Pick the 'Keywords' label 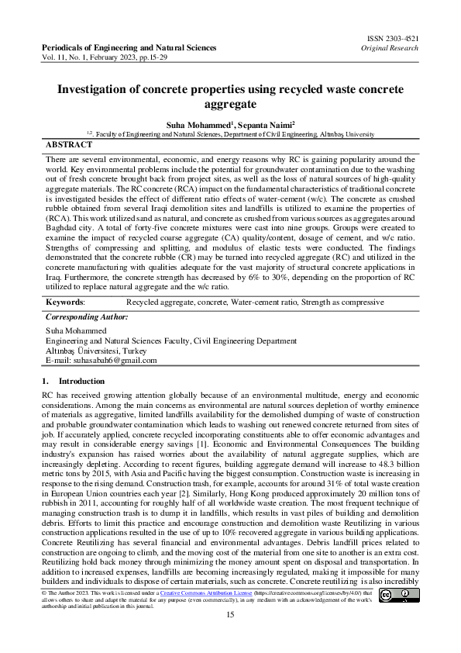(65, 300)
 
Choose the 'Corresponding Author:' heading (87, 318)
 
